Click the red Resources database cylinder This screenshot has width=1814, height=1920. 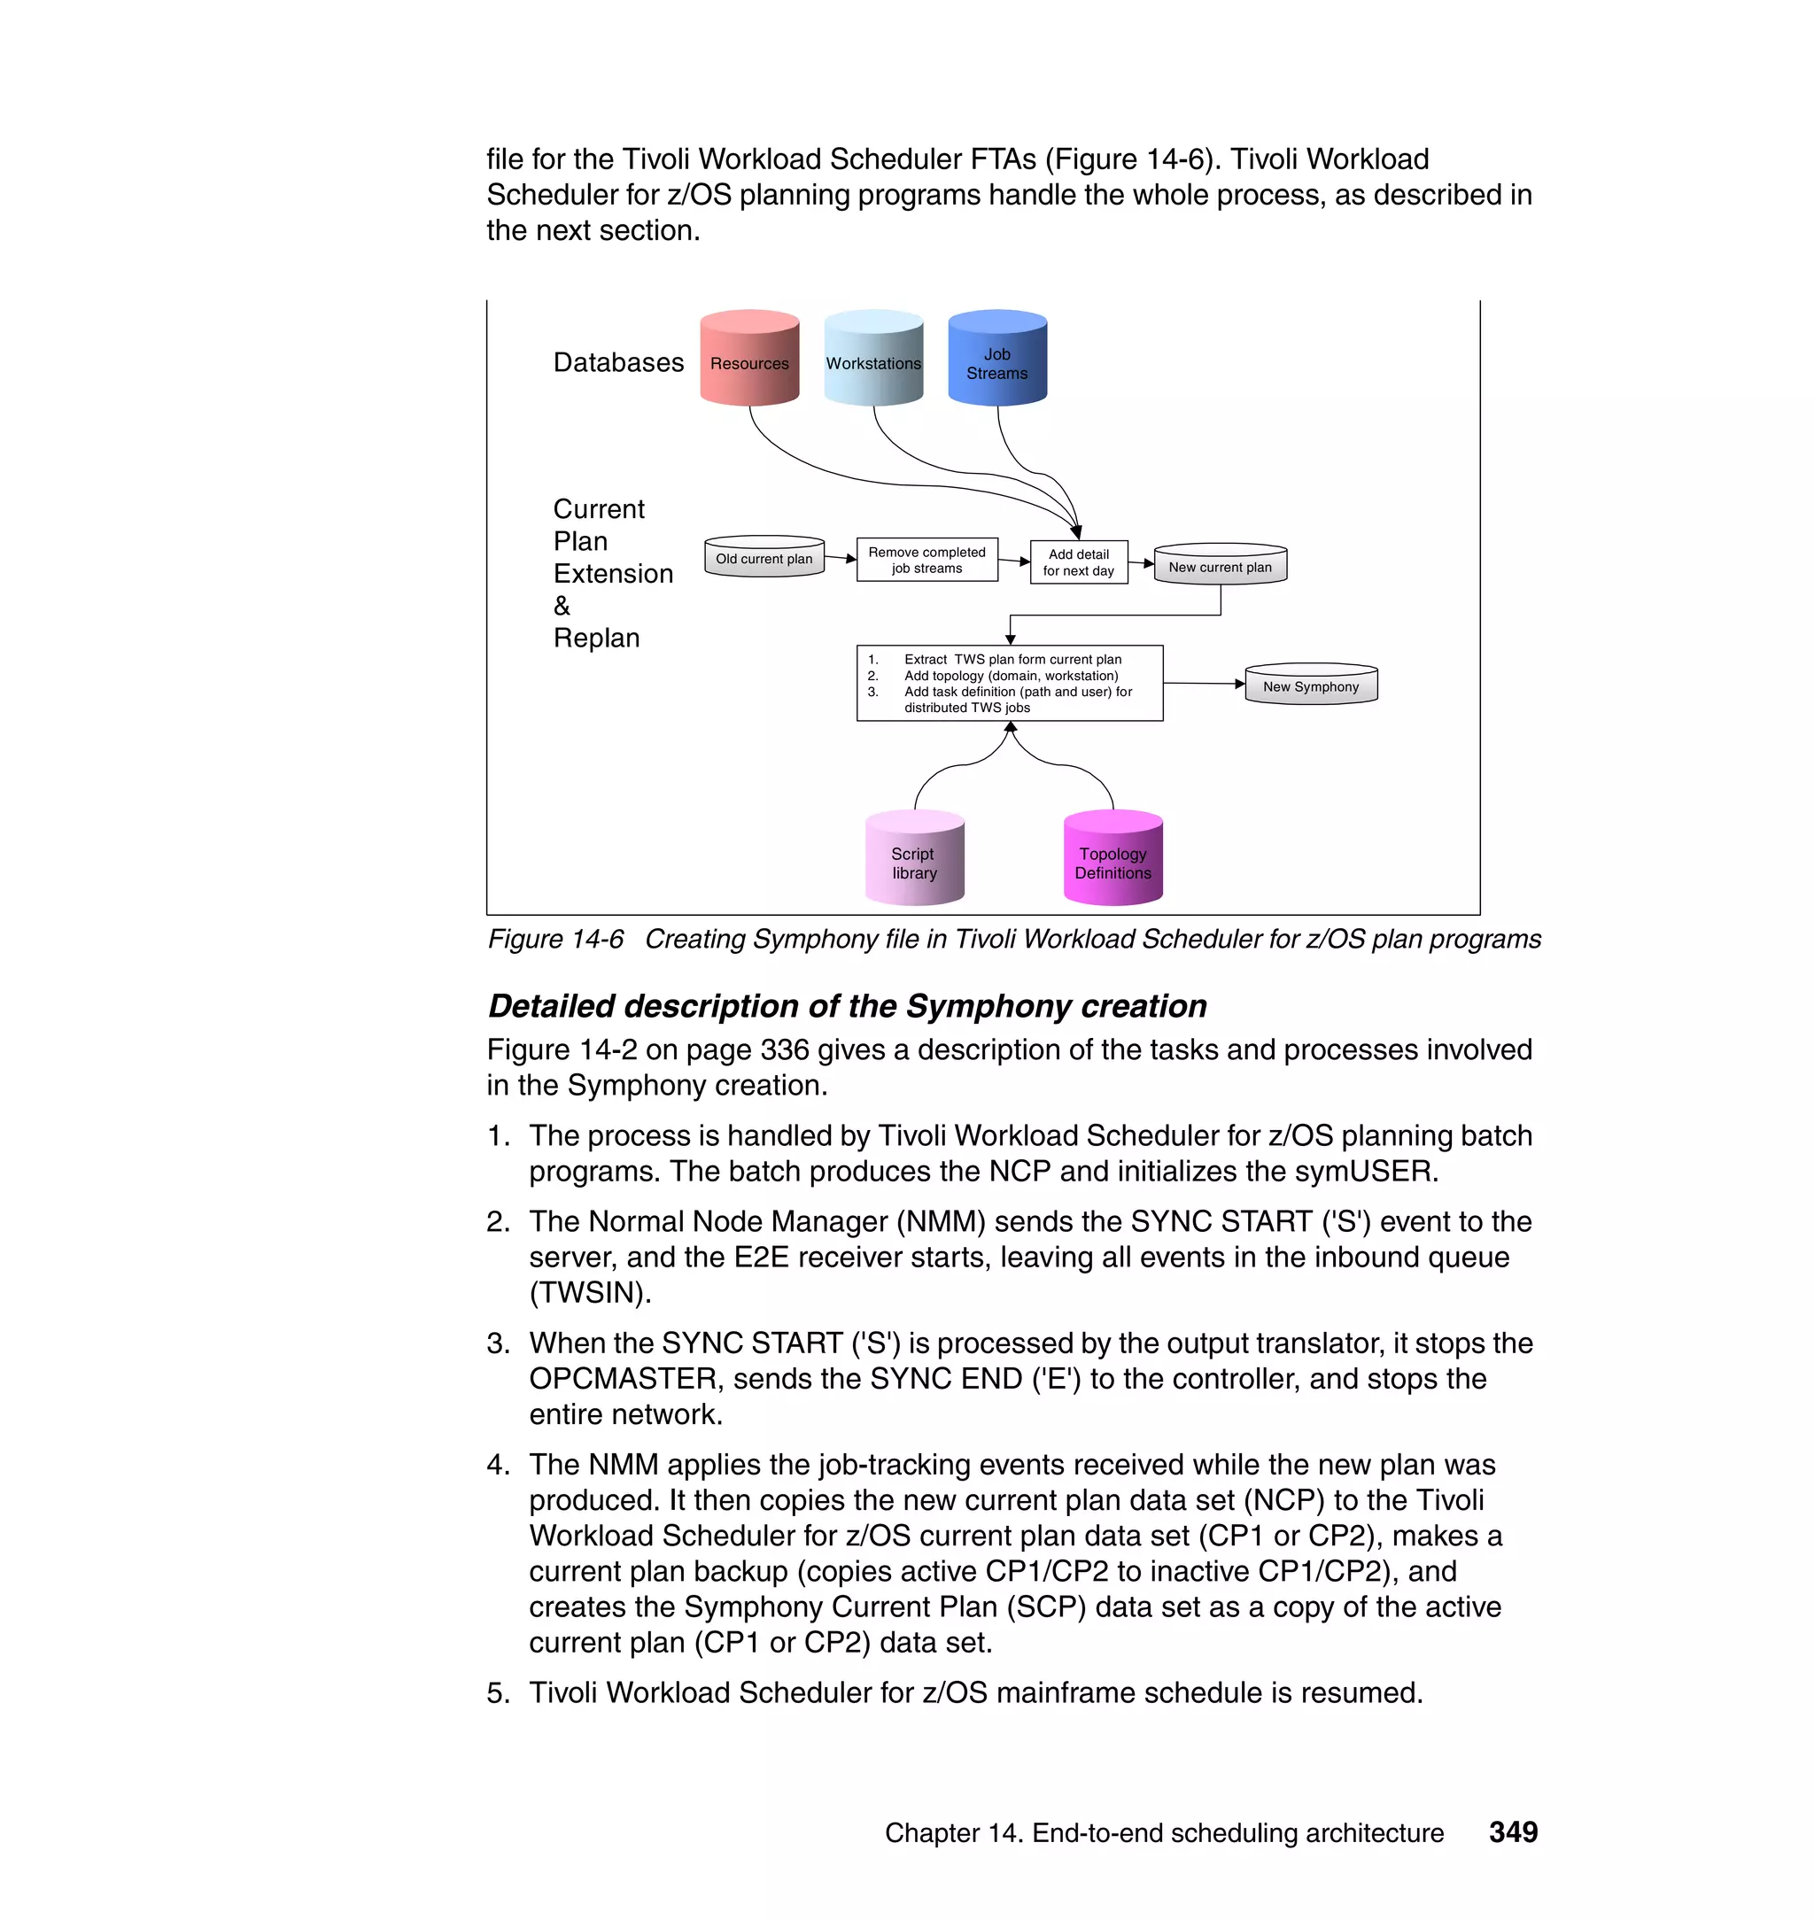click(x=749, y=359)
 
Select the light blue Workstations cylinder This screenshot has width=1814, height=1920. click(x=873, y=359)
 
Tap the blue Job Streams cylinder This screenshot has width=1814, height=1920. click(x=997, y=359)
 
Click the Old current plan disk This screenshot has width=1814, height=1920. click(x=764, y=558)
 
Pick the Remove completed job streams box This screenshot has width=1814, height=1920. click(x=926, y=560)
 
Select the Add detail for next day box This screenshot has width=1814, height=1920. click(x=1078, y=561)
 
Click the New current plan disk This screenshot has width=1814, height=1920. click(x=1220, y=566)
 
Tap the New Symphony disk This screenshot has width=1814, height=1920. click(x=1310, y=685)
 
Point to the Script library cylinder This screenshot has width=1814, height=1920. click(x=914, y=859)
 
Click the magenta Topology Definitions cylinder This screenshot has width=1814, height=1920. click(x=1113, y=859)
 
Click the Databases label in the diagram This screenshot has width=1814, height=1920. click(x=618, y=362)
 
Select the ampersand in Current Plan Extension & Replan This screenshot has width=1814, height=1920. click(x=562, y=606)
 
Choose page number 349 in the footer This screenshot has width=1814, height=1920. click(x=1512, y=1831)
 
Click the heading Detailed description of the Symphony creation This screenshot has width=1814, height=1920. click(x=847, y=1005)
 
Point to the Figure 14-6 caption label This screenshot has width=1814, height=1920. click(x=555, y=939)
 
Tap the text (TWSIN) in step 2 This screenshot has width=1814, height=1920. click(x=590, y=1293)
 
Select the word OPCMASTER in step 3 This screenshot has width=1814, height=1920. click(x=622, y=1379)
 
